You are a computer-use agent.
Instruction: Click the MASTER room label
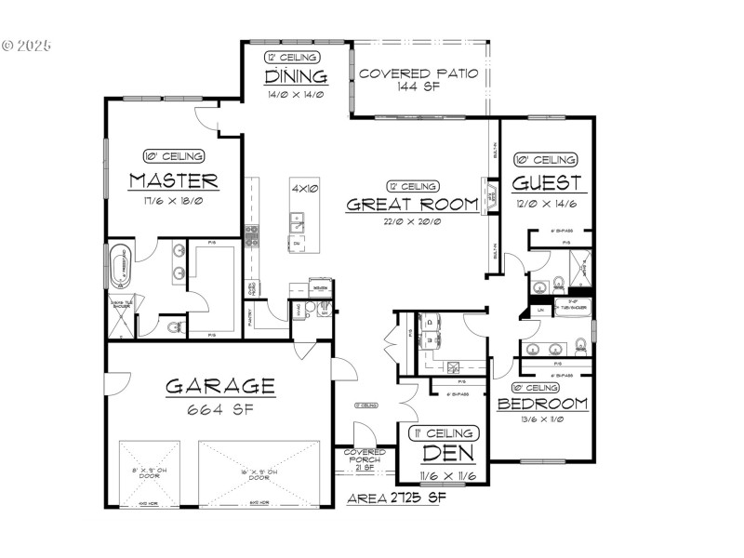click(174, 180)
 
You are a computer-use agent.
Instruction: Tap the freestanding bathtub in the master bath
click(121, 268)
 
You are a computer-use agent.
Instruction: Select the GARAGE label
click(220, 385)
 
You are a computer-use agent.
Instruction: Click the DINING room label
click(296, 76)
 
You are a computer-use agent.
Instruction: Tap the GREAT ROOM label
click(412, 205)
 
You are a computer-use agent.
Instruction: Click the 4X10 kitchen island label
click(305, 189)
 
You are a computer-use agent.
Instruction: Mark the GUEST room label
click(547, 182)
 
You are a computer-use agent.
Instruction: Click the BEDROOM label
click(542, 404)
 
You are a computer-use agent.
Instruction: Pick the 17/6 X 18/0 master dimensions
click(174, 200)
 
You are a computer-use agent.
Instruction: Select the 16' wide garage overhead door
click(259, 472)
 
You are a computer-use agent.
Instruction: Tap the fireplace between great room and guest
click(485, 195)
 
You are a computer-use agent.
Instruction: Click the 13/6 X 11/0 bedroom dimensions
click(542, 419)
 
